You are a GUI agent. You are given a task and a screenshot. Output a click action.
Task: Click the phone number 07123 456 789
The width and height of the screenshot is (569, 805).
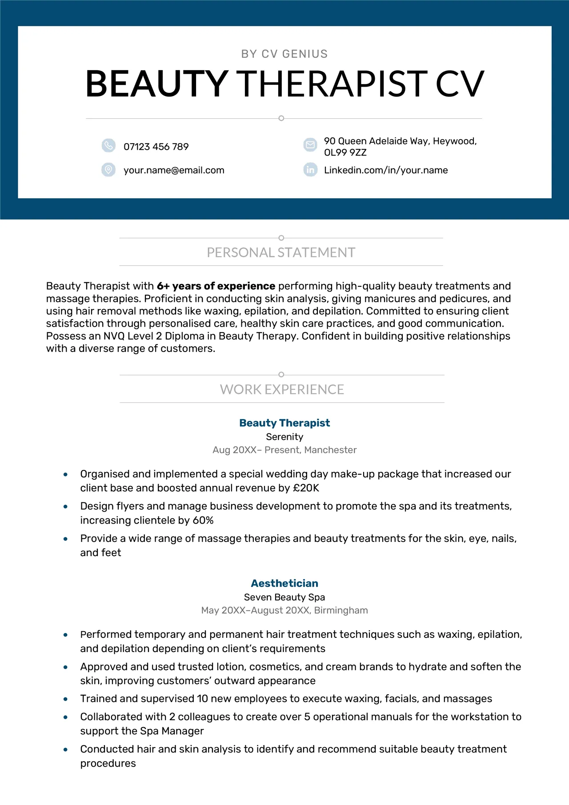pyautogui.click(x=156, y=147)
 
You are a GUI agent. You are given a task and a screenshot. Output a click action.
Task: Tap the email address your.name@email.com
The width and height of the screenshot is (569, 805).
pyautogui.click(x=174, y=170)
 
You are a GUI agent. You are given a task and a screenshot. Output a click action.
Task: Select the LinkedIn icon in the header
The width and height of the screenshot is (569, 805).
pyautogui.click(x=310, y=170)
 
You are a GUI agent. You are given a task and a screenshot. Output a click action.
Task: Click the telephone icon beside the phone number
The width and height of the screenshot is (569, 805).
pyautogui.click(x=108, y=145)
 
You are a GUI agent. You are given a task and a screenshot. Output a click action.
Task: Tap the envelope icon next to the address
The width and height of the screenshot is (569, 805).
pyautogui.click(x=310, y=144)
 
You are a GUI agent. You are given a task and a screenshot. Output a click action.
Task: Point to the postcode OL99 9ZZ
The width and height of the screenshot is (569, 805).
pyautogui.click(x=345, y=152)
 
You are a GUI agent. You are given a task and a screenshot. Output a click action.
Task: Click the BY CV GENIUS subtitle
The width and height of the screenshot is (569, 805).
pyautogui.click(x=284, y=54)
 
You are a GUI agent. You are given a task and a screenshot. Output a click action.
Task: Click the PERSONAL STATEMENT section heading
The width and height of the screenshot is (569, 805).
pyautogui.click(x=281, y=252)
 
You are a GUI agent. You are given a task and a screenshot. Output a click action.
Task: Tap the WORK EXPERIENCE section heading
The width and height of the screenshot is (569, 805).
pyautogui.click(x=282, y=389)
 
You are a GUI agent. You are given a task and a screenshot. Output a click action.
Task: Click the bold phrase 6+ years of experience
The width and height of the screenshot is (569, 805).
pyautogui.click(x=216, y=286)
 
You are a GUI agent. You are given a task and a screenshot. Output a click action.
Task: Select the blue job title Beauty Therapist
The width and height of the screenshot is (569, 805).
pyautogui.click(x=284, y=423)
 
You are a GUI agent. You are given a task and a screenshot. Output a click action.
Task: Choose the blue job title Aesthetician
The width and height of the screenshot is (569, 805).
pyautogui.click(x=284, y=583)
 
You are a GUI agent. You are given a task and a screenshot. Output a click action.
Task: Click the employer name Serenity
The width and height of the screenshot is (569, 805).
pyautogui.click(x=284, y=437)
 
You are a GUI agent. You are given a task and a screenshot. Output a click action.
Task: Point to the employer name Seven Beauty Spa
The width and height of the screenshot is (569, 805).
pyautogui.click(x=284, y=597)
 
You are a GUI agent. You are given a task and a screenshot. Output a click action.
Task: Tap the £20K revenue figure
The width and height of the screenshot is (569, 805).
pyautogui.click(x=306, y=488)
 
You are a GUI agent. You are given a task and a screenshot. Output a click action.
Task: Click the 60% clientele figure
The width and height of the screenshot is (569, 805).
pyautogui.click(x=203, y=520)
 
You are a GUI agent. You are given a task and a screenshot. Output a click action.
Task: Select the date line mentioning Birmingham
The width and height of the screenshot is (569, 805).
pyautogui.click(x=284, y=610)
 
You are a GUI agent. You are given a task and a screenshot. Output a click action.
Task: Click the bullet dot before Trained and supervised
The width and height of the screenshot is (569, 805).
pyautogui.click(x=65, y=699)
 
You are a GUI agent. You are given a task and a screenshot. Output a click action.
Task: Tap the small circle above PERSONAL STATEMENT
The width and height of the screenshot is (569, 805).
pyautogui.click(x=281, y=238)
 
